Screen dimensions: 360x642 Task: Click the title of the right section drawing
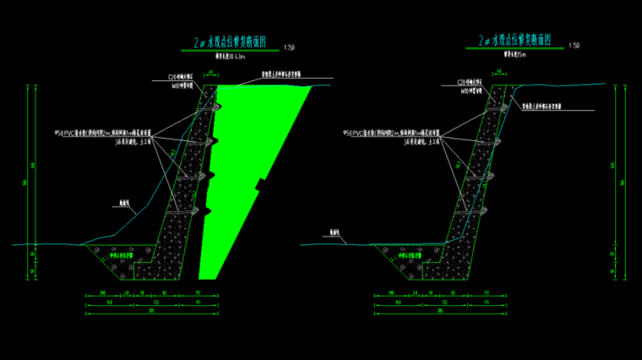[515, 40]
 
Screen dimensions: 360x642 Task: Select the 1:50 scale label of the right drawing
[574, 46]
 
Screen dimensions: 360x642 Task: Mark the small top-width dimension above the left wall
[208, 73]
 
